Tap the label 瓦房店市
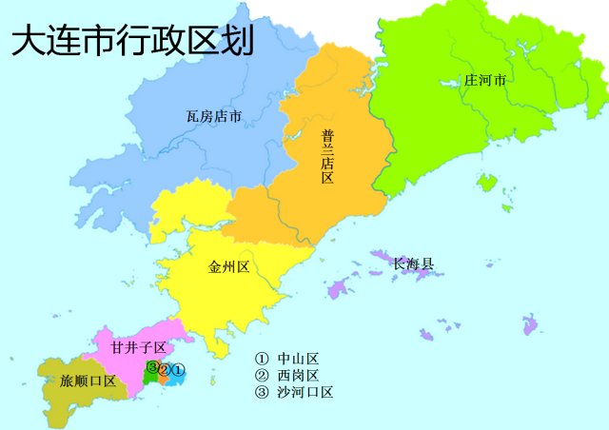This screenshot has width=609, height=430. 213,117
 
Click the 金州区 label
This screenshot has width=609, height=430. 228,267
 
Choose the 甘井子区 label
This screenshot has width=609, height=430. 139,348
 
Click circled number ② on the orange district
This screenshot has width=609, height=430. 165,370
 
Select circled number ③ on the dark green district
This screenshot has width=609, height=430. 152,367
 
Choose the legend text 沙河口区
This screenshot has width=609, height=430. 304,391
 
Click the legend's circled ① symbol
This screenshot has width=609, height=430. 262,359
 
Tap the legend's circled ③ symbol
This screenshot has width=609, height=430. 262,391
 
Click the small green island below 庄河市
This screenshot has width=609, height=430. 488,182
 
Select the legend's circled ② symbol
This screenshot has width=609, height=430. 262,375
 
